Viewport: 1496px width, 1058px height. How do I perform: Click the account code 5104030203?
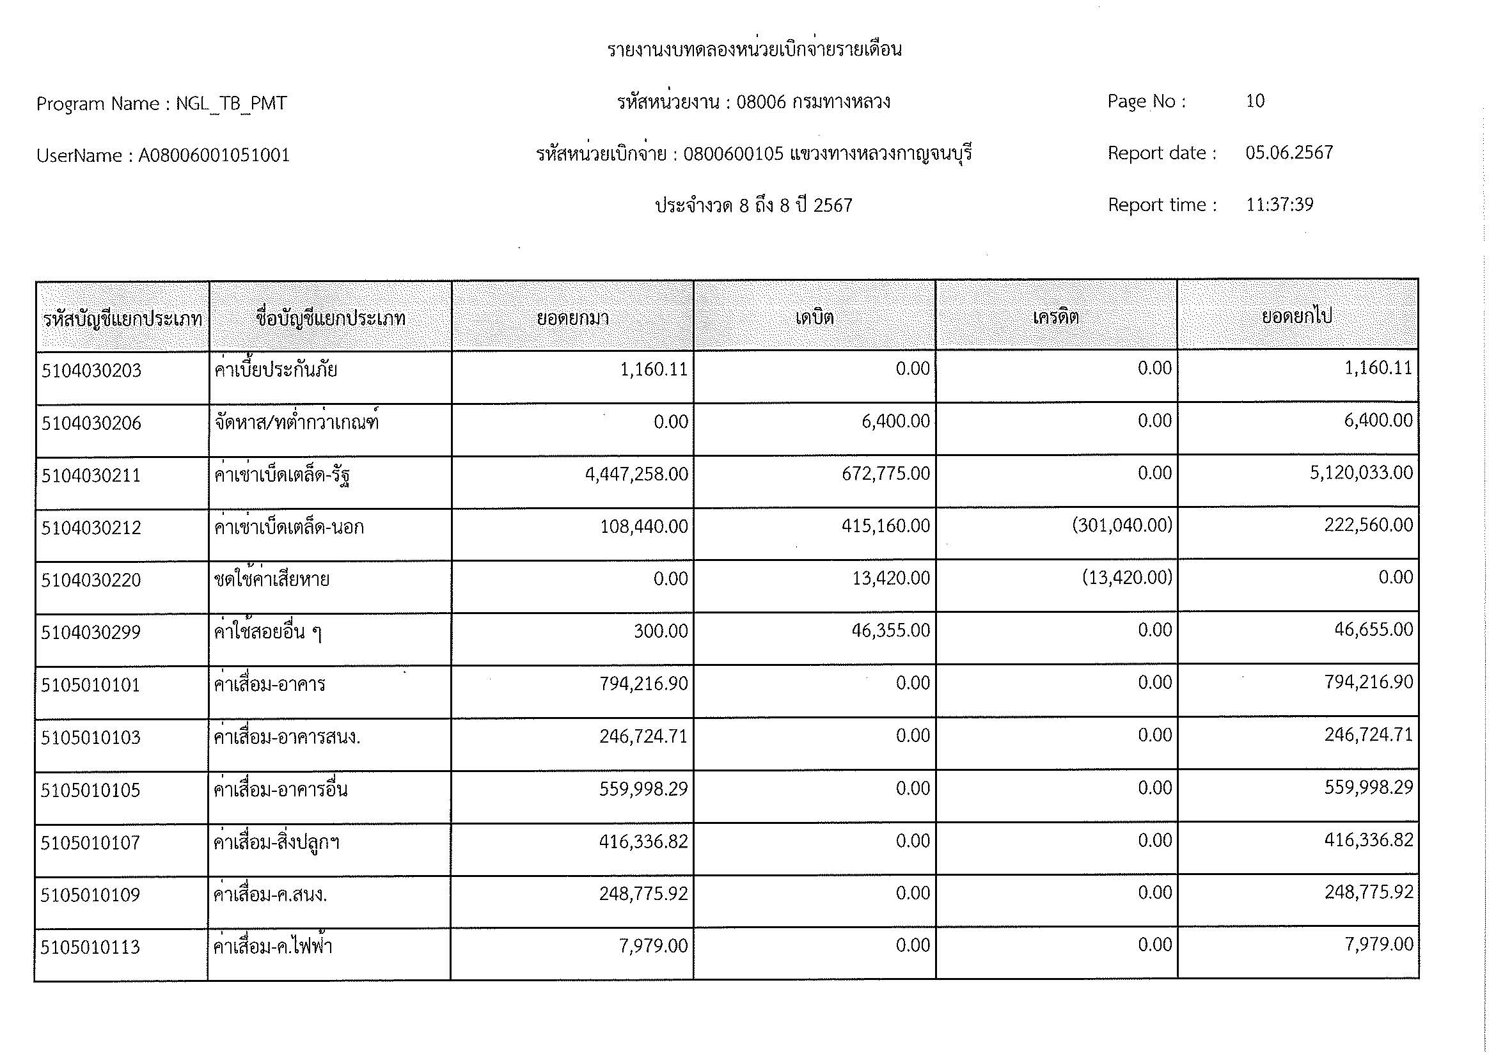coord(91,371)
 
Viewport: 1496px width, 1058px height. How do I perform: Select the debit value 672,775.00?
coord(885,473)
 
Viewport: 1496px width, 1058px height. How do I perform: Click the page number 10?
coord(1255,101)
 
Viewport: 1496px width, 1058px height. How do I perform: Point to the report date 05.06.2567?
coord(1289,152)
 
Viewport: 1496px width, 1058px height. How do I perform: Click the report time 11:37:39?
coord(1279,205)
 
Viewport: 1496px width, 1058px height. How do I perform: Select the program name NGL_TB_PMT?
coord(231,104)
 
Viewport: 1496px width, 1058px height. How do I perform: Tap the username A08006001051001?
coord(214,155)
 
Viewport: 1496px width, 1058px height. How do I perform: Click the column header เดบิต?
coord(814,317)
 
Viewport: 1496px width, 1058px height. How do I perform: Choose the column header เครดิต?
coord(1055,317)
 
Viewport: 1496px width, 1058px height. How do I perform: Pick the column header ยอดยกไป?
coord(1296,316)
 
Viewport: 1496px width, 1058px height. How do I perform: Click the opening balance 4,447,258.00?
coord(636,474)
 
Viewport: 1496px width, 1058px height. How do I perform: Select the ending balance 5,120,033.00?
coord(1361,472)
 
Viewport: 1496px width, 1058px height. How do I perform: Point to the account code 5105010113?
coord(90,947)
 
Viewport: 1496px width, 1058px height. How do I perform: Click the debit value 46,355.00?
coord(890,631)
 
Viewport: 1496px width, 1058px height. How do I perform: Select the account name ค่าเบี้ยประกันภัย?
coord(275,370)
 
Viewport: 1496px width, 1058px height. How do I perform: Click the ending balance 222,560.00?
coord(1368,525)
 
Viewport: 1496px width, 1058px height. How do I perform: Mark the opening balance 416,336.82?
coord(643,842)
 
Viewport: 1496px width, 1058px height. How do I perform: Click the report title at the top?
coord(754,49)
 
